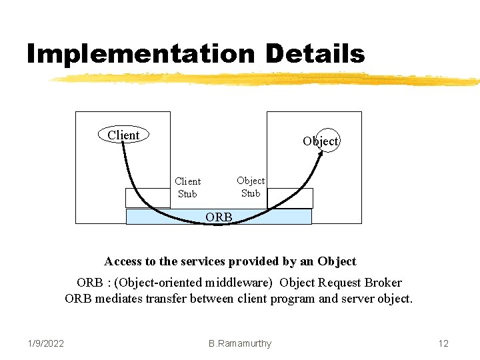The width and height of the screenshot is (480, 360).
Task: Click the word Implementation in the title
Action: (x=140, y=53)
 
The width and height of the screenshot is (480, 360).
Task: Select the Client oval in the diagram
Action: (x=123, y=135)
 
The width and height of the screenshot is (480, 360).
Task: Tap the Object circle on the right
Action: (x=321, y=141)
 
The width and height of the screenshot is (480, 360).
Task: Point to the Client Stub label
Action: (x=187, y=187)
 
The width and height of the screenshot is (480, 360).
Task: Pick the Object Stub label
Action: (x=251, y=187)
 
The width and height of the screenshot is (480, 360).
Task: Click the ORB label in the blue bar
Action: (x=219, y=217)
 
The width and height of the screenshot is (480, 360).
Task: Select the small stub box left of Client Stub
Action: (x=147, y=198)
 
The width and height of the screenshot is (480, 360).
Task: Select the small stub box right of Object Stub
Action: (x=290, y=198)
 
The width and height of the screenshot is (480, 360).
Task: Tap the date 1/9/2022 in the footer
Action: (x=46, y=343)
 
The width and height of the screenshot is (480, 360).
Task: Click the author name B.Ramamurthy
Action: (x=240, y=343)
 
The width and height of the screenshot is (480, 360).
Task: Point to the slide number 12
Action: (x=443, y=343)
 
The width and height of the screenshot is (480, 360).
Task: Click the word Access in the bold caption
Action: (x=123, y=261)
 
